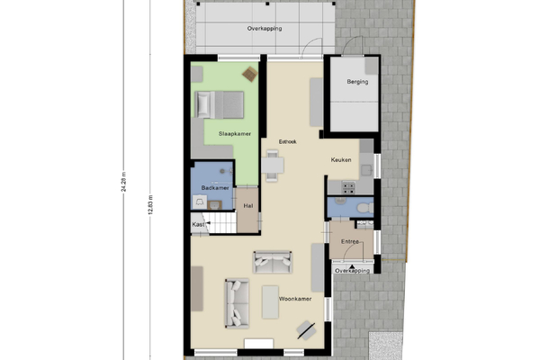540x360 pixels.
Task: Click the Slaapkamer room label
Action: (235, 134)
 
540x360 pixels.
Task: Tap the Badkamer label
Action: (215, 188)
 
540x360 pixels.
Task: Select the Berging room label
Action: (357, 82)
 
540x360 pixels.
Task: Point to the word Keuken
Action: (341, 160)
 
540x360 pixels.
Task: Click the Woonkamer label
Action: (295, 299)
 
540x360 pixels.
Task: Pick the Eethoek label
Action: (288, 141)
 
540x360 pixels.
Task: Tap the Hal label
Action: (248, 206)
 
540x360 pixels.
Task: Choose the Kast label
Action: (198, 225)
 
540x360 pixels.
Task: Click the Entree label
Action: (350, 242)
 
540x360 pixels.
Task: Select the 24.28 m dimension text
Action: (123, 182)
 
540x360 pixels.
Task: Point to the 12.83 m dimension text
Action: (150, 205)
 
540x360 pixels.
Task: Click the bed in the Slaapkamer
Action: (219, 104)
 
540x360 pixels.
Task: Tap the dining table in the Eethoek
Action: (273, 166)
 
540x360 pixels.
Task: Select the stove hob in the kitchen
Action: (348, 188)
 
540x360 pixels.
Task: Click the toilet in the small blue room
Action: (364, 208)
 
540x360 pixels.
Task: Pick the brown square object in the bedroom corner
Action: (250, 74)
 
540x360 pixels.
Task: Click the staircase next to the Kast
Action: (221, 223)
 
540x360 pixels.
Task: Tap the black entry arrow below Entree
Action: (352, 266)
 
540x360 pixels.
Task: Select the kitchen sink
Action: (366, 170)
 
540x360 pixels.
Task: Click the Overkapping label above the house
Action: (265, 29)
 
